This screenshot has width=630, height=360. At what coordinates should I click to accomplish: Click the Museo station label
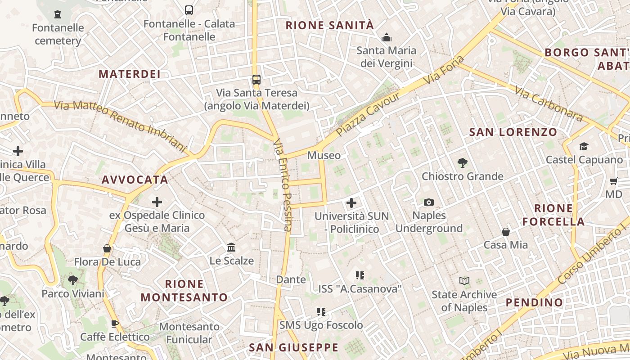[x=324, y=155]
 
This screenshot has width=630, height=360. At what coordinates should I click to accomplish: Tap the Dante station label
[x=291, y=279]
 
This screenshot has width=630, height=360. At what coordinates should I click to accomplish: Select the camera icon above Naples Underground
[x=429, y=202]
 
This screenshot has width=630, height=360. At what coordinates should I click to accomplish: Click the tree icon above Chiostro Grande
[x=462, y=163]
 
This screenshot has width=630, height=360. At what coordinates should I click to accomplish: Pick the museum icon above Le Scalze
[x=232, y=247]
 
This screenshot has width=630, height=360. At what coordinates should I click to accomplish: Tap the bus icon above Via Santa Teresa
[x=256, y=80]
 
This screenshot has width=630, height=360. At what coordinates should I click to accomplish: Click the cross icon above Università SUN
[x=351, y=203]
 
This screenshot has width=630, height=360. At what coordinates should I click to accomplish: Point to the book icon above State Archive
[x=464, y=281]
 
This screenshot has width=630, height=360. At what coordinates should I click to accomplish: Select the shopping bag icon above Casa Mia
[x=506, y=232]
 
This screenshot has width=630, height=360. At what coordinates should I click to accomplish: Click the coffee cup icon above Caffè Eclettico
[x=115, y=324]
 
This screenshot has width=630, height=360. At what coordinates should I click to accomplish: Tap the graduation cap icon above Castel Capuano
[x=584, y=146]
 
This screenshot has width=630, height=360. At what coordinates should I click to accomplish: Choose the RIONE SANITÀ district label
[x=330, y=25]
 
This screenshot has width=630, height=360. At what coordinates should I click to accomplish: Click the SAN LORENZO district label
[x=513, y=132]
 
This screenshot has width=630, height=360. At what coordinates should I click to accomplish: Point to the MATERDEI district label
[x=130, y=74]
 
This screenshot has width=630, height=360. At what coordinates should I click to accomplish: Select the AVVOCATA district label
[x=135, y=180]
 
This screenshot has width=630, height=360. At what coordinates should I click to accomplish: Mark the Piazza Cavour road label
[x=368, y=115]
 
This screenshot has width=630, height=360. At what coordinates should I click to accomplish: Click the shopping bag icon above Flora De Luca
[x=107, y=248]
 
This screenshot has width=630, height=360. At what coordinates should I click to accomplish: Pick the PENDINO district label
[x=535, y=302]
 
